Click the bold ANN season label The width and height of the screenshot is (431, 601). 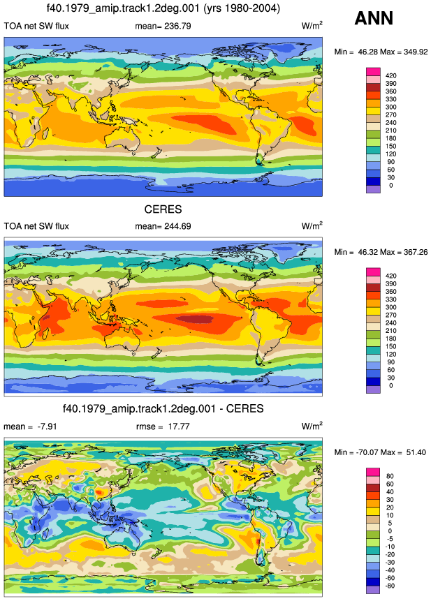click(374, 18)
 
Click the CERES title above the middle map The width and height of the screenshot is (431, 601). click(163, 209)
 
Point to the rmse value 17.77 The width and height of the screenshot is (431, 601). click(179, 426)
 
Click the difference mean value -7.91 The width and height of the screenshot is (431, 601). click(47, 426)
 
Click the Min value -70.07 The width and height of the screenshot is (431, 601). click(367, 452)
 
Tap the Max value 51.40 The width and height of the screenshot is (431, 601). click(416, 452)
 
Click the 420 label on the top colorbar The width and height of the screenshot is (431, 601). click(390, 75)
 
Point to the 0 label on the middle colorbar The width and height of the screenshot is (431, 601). click(390, 385)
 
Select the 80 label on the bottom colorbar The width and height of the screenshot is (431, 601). click(390, 476)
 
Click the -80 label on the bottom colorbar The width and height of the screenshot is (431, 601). click(389, 586)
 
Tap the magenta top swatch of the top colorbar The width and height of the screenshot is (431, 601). click(373, 72)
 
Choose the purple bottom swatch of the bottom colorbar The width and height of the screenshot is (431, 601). click(373, 590)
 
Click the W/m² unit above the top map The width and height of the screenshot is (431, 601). click(312, 25)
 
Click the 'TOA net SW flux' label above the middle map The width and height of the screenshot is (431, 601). click(36, 226)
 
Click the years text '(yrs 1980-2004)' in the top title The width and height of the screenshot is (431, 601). click(241, 8)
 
